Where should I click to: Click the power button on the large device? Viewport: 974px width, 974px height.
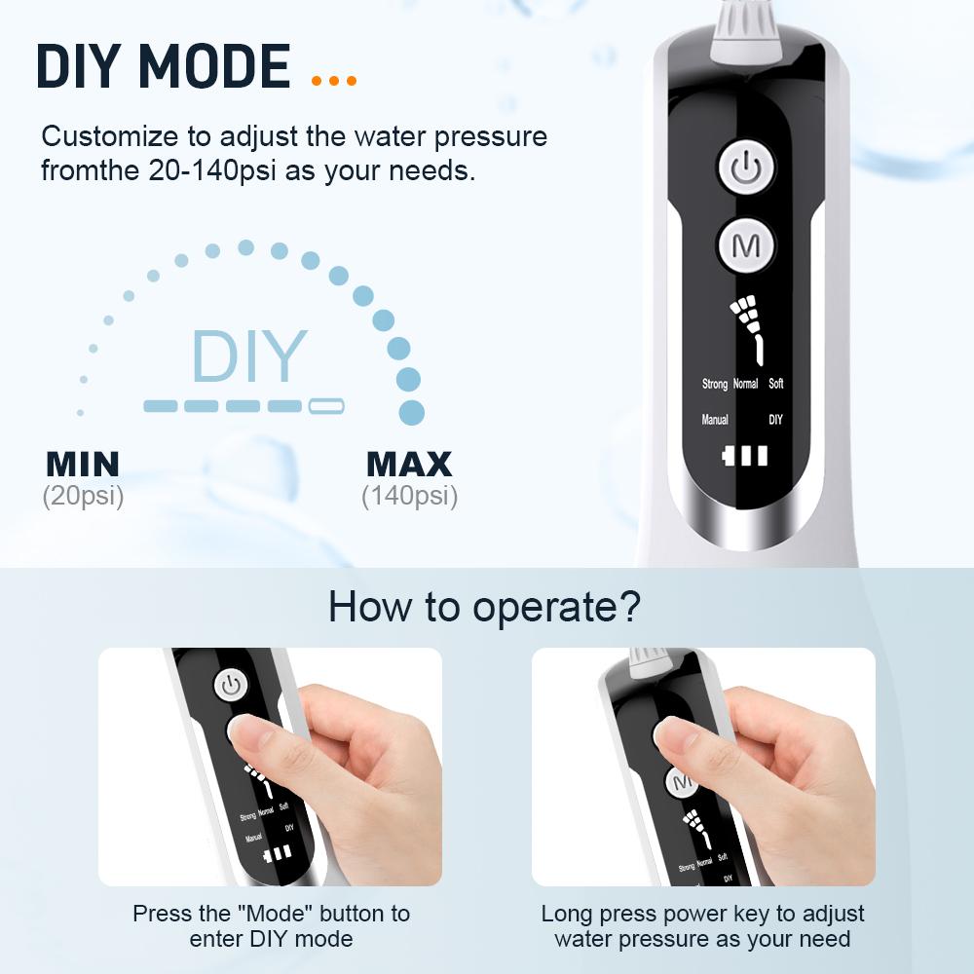745,169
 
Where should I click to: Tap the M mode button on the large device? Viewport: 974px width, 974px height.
745,245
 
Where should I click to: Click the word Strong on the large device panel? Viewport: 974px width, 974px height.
715,384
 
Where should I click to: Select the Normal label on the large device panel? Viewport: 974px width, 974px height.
745,384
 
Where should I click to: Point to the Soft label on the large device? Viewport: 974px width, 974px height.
775,384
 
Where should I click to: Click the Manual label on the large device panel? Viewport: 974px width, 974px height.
715,420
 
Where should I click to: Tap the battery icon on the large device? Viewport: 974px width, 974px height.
745,456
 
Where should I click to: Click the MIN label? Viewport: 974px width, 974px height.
83,463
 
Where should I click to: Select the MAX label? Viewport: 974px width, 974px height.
409,463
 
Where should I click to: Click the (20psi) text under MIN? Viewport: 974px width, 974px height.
83,496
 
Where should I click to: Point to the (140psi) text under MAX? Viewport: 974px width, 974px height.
409,496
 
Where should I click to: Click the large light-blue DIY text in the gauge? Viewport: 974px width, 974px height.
249,357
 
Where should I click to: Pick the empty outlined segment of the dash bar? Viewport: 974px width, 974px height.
326,406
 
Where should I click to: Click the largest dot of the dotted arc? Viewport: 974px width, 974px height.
412,412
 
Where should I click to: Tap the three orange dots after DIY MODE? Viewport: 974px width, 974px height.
334,81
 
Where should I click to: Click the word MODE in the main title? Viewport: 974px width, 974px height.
214,66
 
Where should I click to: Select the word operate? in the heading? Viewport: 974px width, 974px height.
557,606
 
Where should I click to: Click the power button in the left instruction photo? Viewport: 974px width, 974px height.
231,686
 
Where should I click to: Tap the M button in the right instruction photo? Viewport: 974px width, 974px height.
683,782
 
